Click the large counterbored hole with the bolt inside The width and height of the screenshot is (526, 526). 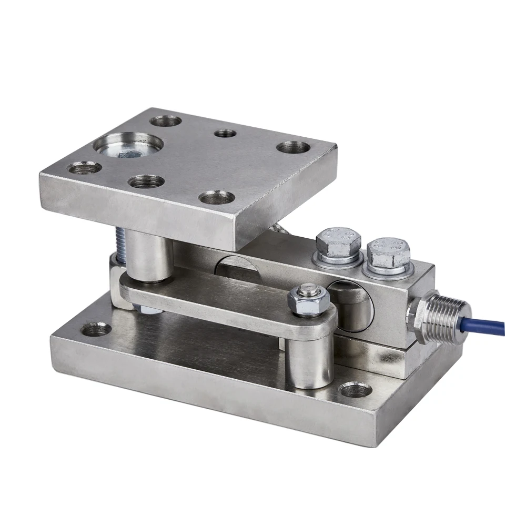click(x=128, y=145)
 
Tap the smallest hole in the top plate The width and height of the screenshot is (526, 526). click(x=225, y=133)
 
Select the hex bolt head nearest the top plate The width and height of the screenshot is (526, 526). click(x=338, y=242)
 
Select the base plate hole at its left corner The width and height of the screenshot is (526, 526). click(x=97, y=330)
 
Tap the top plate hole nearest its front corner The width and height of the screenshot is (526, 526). click(x=217, y=198)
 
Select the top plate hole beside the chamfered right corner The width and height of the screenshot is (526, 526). click(x=294, y=147)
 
